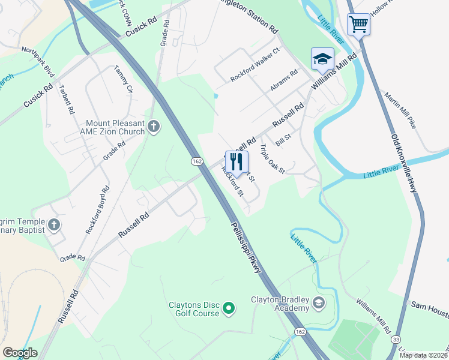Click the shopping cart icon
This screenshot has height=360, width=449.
358,25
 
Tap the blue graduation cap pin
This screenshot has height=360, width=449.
322,59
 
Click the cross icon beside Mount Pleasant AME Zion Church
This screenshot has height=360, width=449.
154,127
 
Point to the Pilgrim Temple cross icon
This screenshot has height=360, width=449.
54,225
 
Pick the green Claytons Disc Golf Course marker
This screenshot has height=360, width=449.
228,309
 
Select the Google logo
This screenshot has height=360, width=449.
20,353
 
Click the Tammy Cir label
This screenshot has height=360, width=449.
123,79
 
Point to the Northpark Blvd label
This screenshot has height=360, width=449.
37,62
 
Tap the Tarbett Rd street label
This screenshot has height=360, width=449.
66,99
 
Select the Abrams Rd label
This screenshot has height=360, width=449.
284,81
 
